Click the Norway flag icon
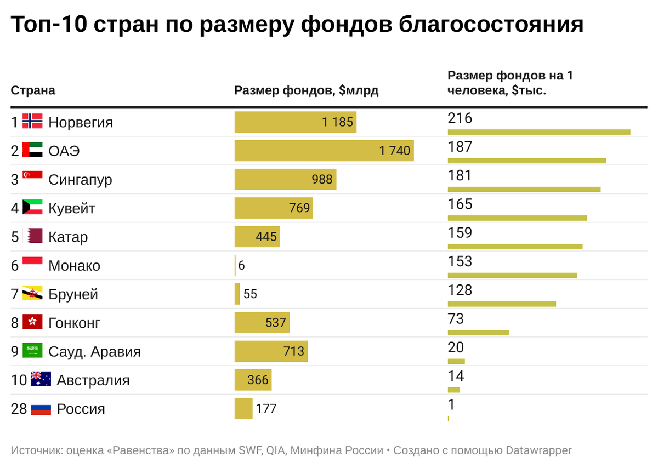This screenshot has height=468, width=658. pos(32,122)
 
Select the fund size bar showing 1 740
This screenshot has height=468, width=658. pos(324,151)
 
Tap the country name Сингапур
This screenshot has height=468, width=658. pos(80,180)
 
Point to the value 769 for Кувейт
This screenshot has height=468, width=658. pos(299,208)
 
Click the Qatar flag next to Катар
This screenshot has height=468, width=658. pos(32,237)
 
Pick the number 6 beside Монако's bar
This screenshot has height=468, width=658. pos(241,266)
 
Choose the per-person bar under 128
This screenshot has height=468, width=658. pos(502,304)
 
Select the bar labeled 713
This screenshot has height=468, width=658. pos(271,351)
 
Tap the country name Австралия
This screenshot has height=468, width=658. pos(93,380)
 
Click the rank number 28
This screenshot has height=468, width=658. pos(19,409)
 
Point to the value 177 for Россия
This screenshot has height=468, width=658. pos(266,409)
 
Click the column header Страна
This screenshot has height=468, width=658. pos(33,90)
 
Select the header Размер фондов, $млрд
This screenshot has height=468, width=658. pos(306,90)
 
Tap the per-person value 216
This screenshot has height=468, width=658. pos(460,118)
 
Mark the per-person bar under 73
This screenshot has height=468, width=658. pos(478,332)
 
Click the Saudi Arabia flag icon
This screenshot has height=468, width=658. pos(32,351)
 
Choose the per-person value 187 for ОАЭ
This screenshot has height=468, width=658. pos(460,147)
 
